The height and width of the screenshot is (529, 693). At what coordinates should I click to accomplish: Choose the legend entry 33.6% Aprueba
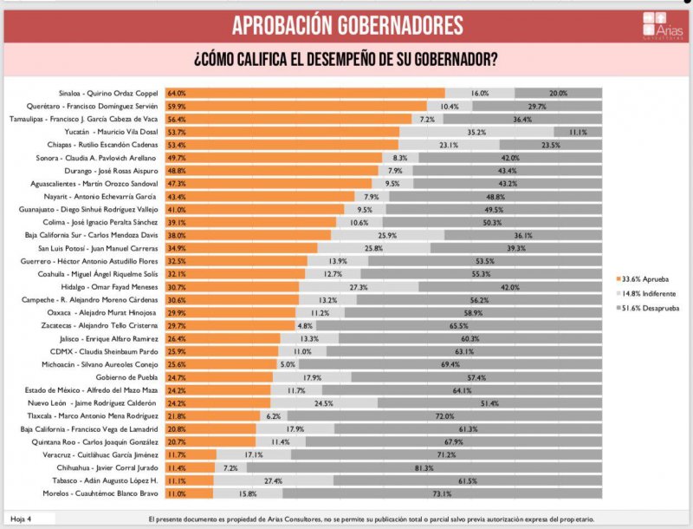[x=645, y=279]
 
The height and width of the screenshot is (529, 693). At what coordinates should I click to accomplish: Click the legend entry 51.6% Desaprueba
[x=649, y=307]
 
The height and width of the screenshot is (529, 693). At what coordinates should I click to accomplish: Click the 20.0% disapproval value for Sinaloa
[x=558, y=93]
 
